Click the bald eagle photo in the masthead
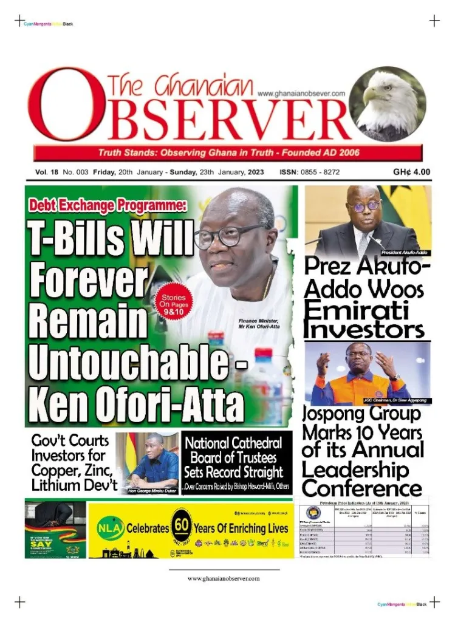click(386, 104)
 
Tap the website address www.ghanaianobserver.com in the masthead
click(301, 94)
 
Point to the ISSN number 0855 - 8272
click(309, 173)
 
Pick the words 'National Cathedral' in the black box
click(234, 443)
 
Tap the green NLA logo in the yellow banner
click(108, 528)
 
